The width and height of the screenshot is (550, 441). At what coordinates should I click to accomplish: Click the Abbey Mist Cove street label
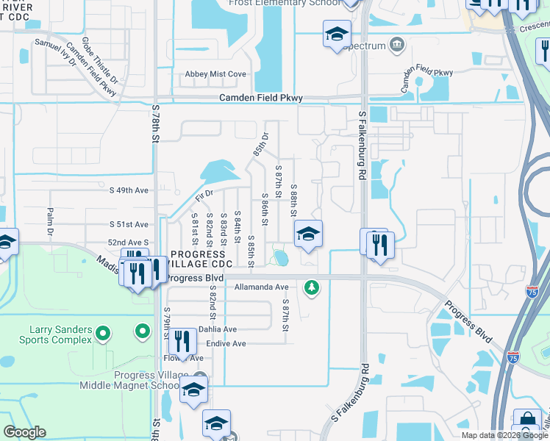pos(216,74)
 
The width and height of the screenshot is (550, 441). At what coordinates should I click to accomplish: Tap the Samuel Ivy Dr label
pos(55,53)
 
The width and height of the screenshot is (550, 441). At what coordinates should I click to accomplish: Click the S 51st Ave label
pos(129,224)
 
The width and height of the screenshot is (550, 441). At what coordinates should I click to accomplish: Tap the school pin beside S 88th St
pos(309,234)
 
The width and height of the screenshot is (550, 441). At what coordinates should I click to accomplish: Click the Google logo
pos(24,432)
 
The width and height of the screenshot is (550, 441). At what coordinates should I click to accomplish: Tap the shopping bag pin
pos(527,421)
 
